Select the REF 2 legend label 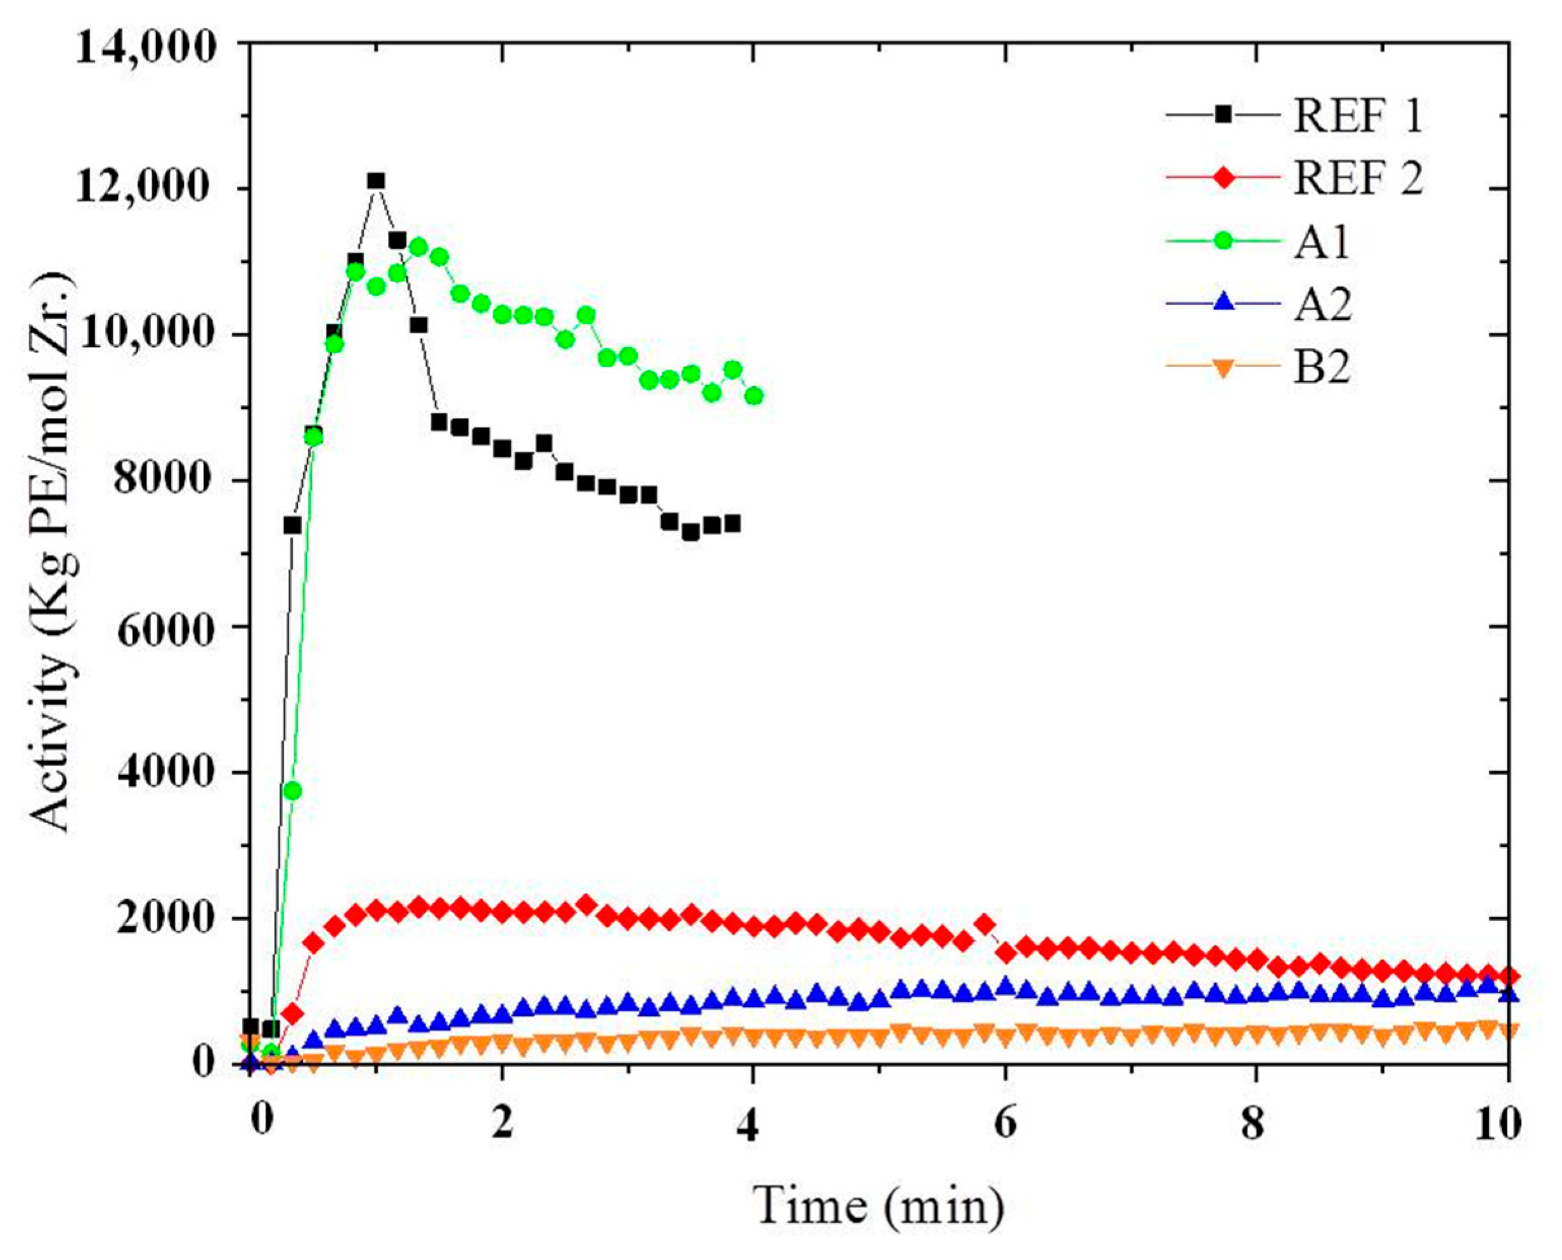(x=1357, y=179)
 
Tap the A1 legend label (x=1322, y=243)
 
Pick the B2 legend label (x=1322, y=368)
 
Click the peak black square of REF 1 (x=376, y=181)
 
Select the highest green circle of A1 (x=418, y=247)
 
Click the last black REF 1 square (x=732, y=523)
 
